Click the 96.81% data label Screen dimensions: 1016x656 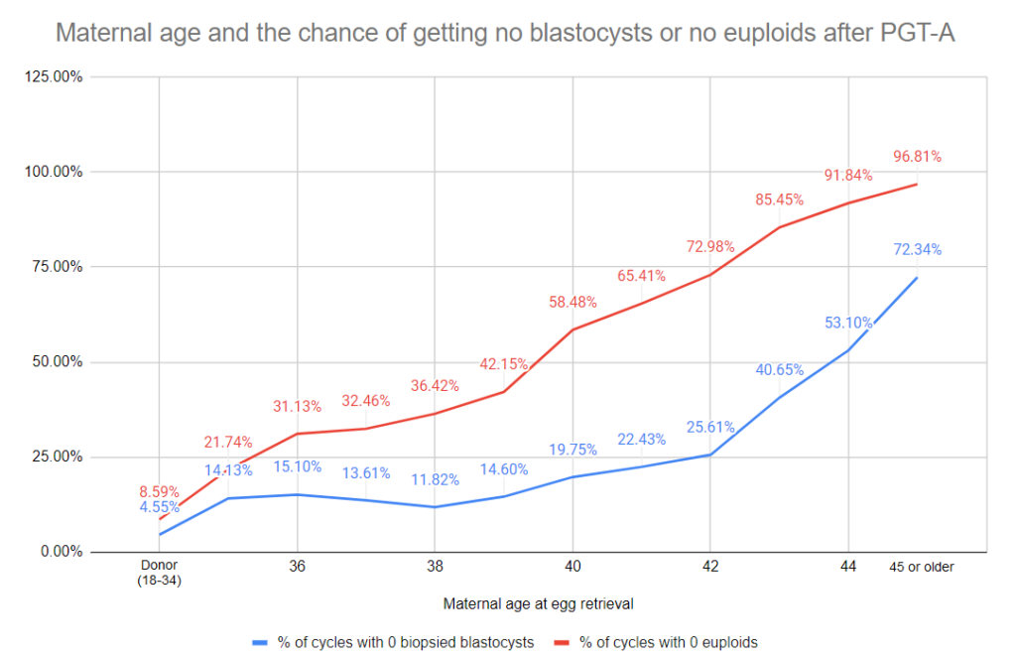[917, 156]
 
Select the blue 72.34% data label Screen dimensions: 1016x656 [917, 249]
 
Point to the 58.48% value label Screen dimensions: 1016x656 [572, 302]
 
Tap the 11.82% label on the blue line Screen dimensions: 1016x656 [435, 479]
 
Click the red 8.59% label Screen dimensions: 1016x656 [159, 492]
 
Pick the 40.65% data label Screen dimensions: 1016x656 [780, 369]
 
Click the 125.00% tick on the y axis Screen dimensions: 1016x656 [54, 77]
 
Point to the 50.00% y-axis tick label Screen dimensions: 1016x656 [58, 361]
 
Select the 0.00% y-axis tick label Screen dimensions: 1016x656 [62, 552]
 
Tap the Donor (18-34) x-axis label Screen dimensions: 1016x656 [159, 573]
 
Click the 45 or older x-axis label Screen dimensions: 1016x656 [922, 568]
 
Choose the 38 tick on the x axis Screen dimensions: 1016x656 [435, 567]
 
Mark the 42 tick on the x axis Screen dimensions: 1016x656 [710, 567]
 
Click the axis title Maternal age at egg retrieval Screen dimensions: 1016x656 [539, 604]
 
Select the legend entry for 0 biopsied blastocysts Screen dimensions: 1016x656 [393, 642]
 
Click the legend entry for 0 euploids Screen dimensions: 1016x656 [656, 642]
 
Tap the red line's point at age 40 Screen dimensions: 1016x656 [572, 329]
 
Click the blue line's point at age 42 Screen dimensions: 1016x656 [710, 455]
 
